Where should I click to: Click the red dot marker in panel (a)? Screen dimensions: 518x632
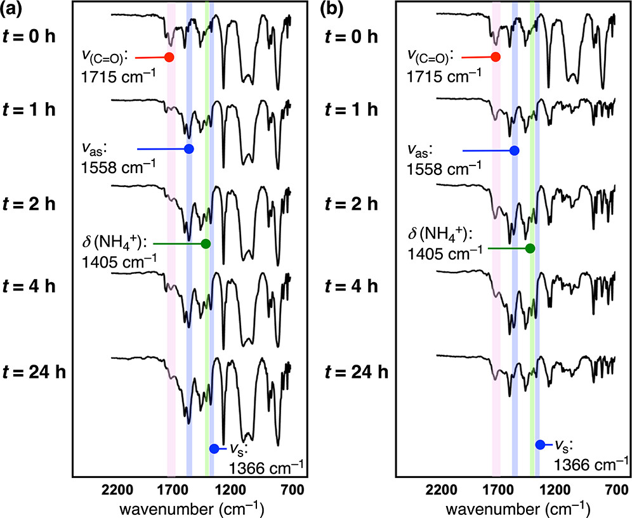tap(169, 57)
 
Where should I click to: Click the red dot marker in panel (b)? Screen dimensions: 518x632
tap(496, 57)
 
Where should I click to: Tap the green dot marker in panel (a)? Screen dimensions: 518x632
tap(206, 243)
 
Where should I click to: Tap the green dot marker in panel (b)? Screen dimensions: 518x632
tap(530, 248)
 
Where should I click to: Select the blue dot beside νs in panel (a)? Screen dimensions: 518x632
tap(214, 449)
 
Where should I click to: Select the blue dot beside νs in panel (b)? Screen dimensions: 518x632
tap(540, 444)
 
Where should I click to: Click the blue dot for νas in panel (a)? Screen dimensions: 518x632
tap(188, 149)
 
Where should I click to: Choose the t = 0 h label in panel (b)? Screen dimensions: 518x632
tap(354, 36)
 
